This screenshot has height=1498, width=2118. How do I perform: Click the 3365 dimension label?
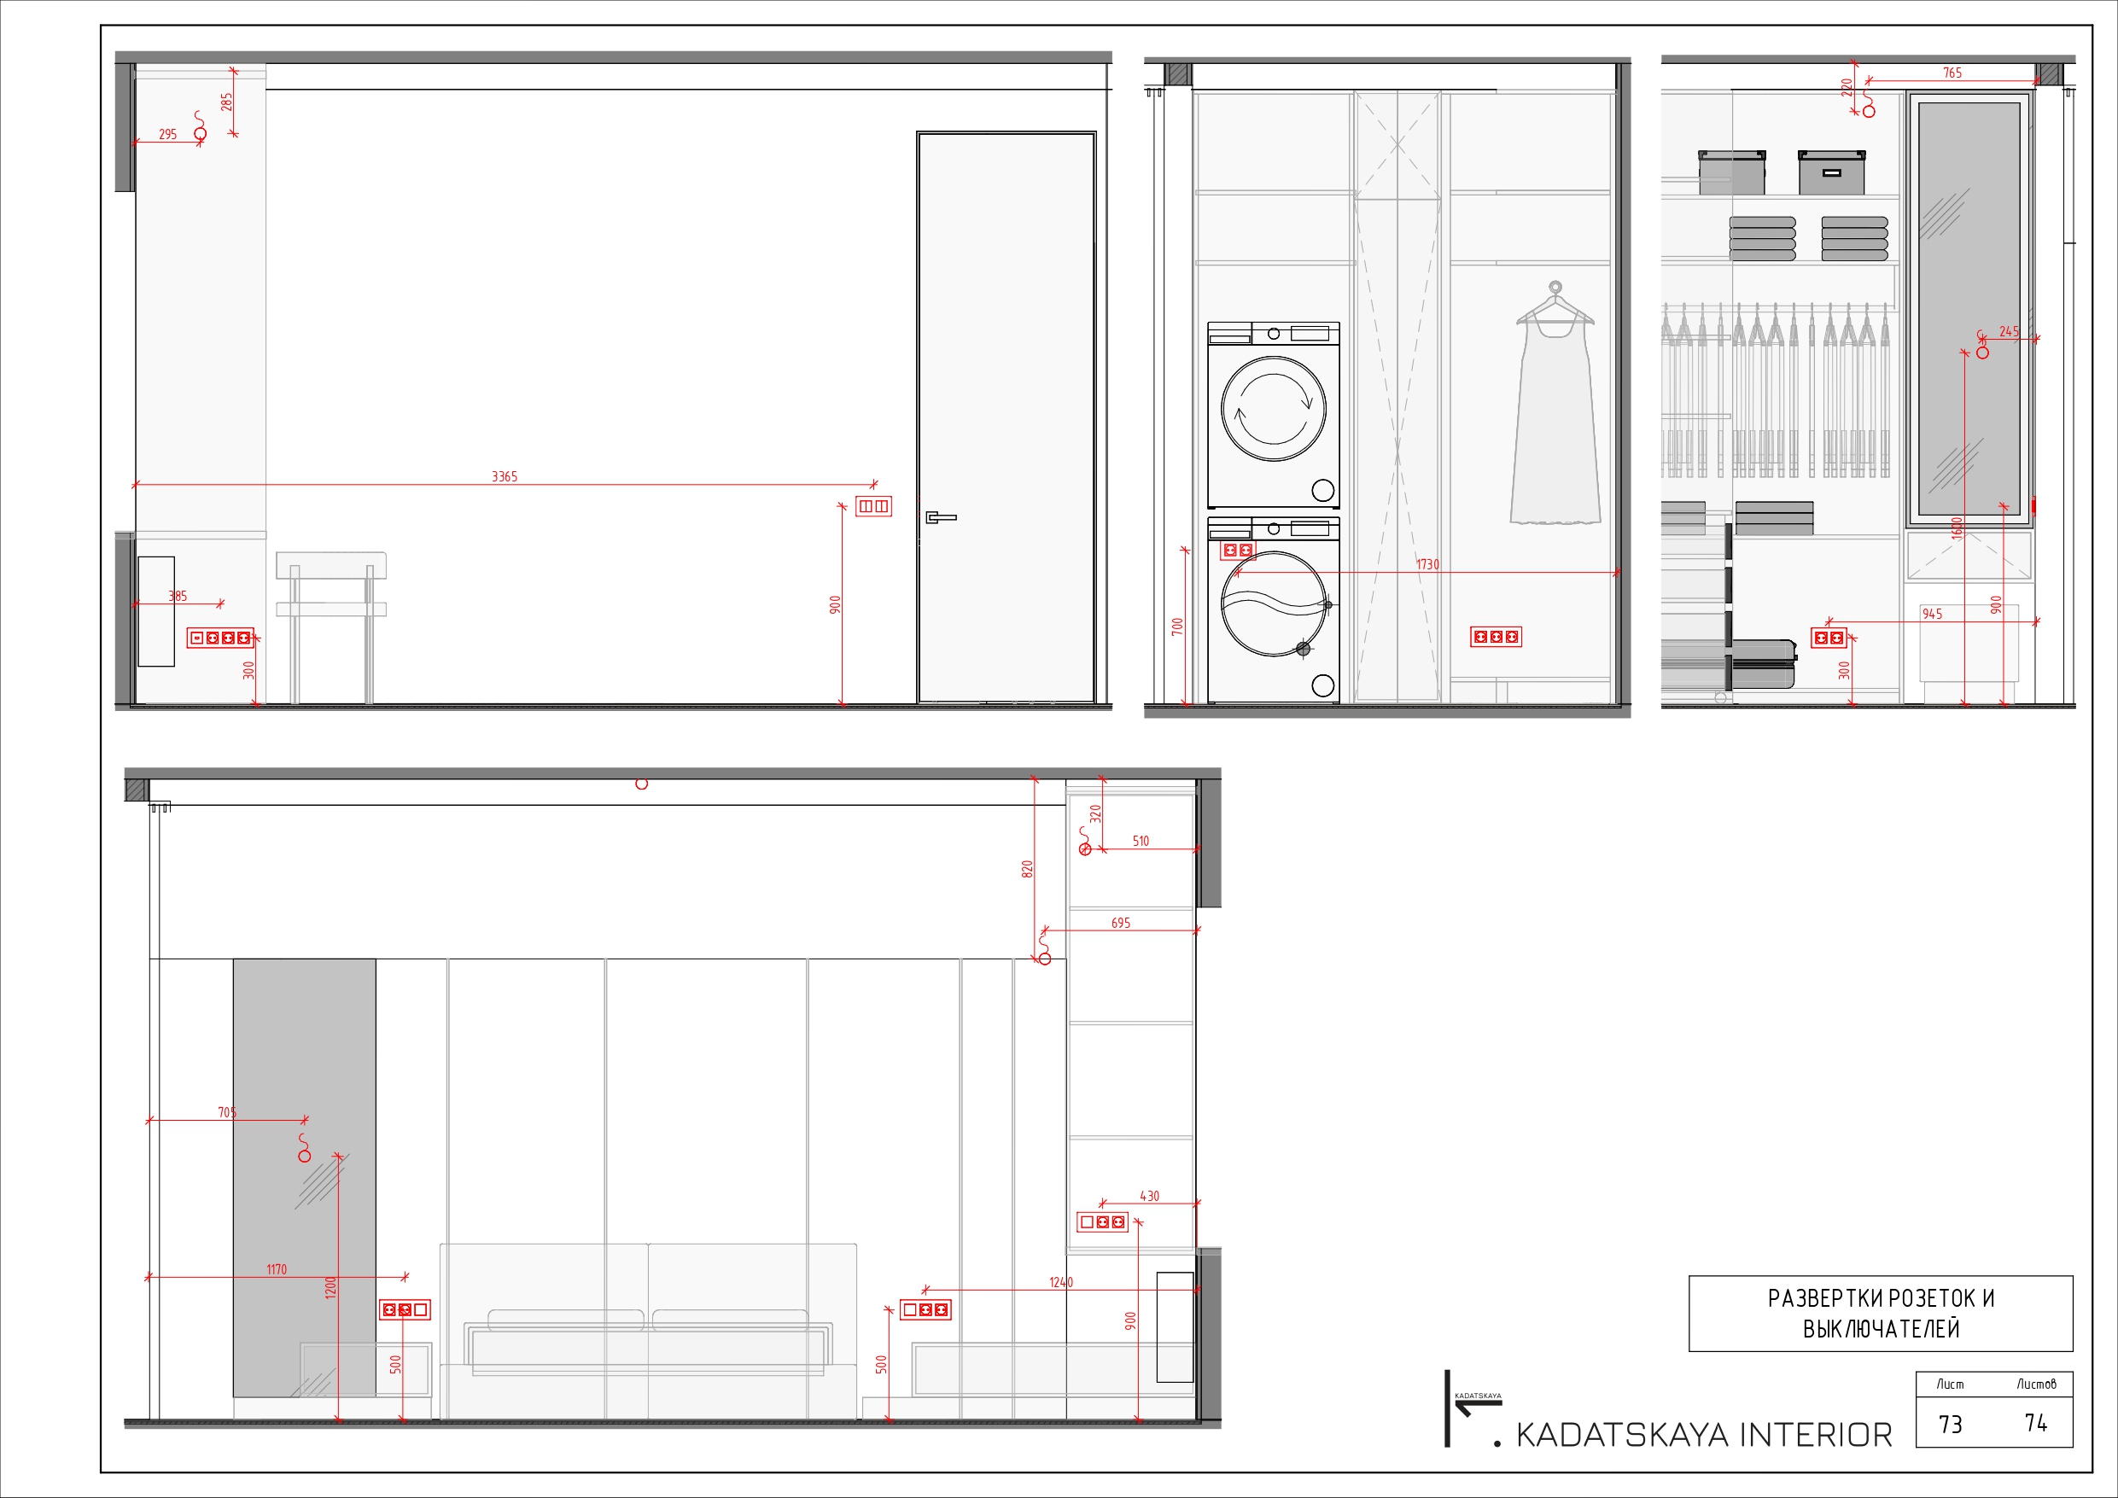504,476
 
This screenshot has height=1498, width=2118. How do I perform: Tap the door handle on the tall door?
940,517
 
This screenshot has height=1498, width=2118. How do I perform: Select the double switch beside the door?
872,505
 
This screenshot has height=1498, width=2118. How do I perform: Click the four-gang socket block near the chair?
219,638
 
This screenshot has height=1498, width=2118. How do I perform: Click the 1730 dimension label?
1427,563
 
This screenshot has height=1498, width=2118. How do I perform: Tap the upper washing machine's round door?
1273,409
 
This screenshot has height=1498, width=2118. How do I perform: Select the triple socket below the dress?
1496,637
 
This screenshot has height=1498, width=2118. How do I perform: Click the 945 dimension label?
1932,614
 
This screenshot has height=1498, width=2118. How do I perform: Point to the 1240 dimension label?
1061,1282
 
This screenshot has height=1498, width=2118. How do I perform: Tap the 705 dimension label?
227,1111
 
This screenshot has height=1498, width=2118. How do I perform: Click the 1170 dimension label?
277,1269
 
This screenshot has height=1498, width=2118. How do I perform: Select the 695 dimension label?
1120,923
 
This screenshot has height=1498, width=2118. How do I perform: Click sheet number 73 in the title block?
1950,1425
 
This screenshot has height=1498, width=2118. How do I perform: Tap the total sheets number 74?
2036,1423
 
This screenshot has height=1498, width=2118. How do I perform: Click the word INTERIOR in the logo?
1814,1436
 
